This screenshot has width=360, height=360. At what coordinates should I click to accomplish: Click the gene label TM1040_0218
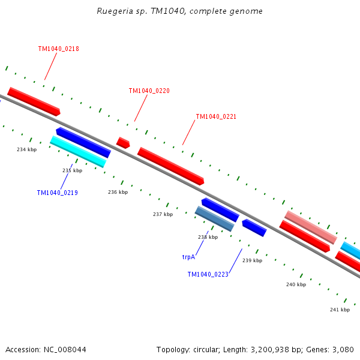tap(58, 49)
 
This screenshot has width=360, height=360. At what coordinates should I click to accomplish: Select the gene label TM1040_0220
tap(149, 91)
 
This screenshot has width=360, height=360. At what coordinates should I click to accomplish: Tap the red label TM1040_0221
tap(216, 116)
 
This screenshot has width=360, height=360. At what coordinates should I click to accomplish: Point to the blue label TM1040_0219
tap(57, 193)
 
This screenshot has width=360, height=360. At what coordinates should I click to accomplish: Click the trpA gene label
tap(188, 256)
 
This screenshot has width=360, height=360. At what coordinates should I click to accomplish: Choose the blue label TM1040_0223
tap(208, 274)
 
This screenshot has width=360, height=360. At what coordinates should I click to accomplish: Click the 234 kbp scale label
tap(26, 149)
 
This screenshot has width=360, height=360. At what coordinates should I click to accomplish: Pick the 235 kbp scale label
tap(72, 170)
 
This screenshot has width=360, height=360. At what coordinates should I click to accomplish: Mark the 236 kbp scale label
tap(118, 192)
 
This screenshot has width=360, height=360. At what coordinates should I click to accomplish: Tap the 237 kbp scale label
tap(163, 214)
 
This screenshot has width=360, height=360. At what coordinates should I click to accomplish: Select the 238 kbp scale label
tap(208, 237)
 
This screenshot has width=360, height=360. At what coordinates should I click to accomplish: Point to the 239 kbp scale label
tap(252, 260)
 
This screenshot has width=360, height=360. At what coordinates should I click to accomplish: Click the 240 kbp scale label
tap(296, 284)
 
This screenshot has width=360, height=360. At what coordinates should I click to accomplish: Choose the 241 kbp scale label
tap(340, 310)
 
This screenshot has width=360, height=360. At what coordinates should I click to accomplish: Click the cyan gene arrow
tap(78, 151)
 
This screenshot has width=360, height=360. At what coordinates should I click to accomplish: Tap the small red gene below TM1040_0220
tap(123, 143)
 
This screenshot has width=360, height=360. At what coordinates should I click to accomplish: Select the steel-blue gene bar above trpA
tap(214, 218)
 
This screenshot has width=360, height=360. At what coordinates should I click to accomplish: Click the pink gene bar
tap(310, 227)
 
